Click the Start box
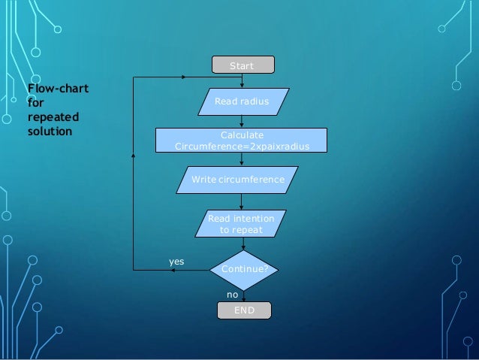242,66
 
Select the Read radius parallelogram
241,100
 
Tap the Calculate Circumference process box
241,141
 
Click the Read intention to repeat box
241,224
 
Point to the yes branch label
176,262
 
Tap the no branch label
232,295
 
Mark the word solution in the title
50,132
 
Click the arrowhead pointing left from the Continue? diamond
177,270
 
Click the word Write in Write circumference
205,180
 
